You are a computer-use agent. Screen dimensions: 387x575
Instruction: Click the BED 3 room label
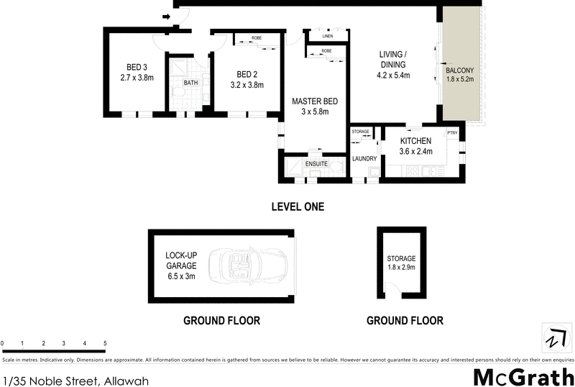(137, 70)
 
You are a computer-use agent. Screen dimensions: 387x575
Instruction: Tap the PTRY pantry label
(453, 132)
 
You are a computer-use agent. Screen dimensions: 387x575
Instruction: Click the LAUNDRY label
(364, 158)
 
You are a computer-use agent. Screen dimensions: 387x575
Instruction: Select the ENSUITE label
(317, 164)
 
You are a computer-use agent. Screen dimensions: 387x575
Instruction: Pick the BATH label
(190, 83)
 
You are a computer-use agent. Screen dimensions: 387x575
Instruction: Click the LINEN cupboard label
(328, 35)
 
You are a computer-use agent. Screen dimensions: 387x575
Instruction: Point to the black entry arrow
(167, 17)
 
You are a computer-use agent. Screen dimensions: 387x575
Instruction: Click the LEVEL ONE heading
(298, 207)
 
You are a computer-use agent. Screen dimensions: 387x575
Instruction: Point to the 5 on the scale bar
(106, 343)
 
